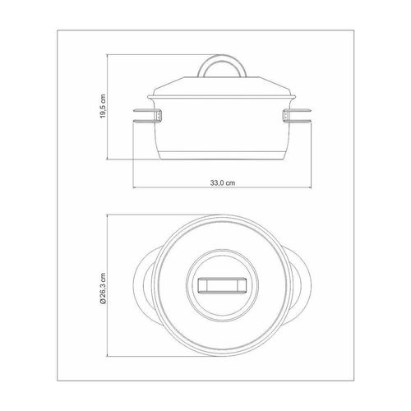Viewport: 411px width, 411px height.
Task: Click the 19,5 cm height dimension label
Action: pyautogui.click(x=103, y=106)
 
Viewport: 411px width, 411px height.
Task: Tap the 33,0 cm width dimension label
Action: pyautogui.click(x=223, y=182)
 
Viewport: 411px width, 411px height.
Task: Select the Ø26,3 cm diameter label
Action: pyautogui.click(x=103, y=289)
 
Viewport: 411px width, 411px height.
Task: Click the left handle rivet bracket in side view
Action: pyautogui.click(x=159, y=116)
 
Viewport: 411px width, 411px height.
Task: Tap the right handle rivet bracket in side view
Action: pyautogui.click(x=286, y=116)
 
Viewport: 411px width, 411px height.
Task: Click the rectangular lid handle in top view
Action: pyautogui.click(x=222, y=285)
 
